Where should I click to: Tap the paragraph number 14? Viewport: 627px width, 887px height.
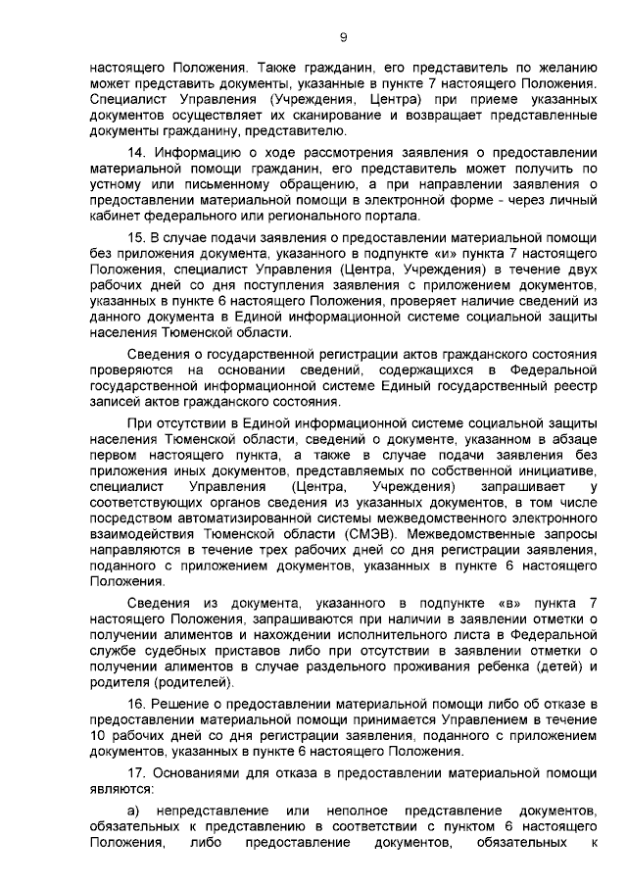coord(137,152)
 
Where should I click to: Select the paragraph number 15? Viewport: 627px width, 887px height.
coord(137,238)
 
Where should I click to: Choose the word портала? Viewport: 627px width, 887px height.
coord(392,216)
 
